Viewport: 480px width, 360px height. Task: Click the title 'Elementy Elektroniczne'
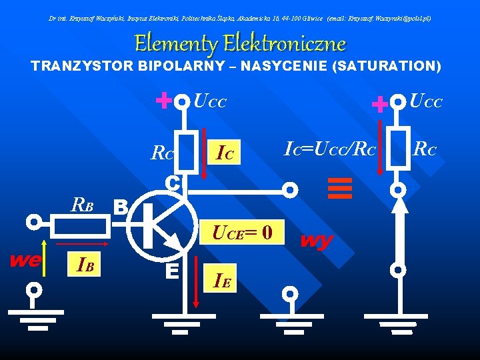[x=240, y=44]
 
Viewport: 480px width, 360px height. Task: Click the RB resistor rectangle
[x=81, y=226]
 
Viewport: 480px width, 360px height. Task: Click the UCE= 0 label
[x=242, y=233]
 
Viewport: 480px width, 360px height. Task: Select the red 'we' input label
[x=25, y=259]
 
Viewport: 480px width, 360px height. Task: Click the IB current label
[x=85, y=267]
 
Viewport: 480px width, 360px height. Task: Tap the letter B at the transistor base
[x=121, y=207]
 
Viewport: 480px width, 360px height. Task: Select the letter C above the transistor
[x=172, y=182]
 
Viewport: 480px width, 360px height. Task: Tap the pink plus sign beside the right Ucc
[x=379, y=103]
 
